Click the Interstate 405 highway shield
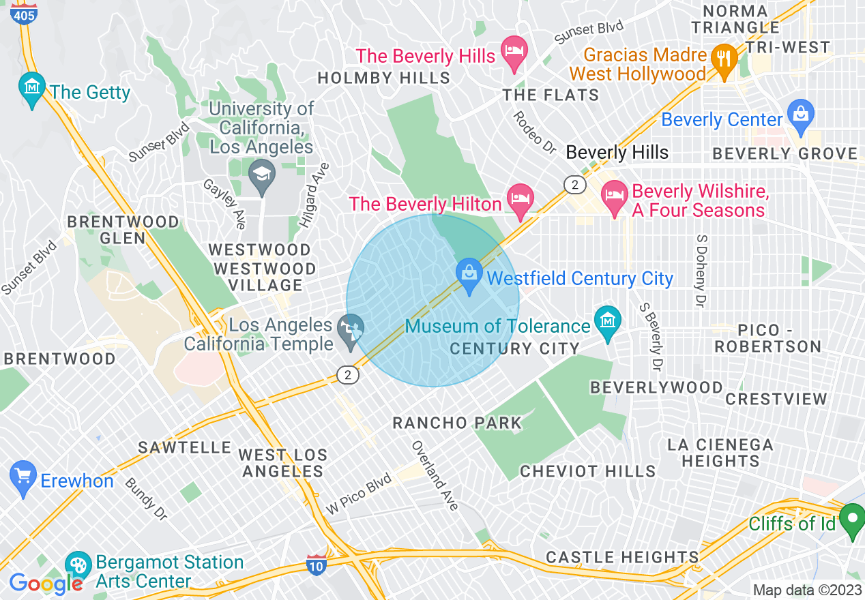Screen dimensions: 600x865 tap(24, 13)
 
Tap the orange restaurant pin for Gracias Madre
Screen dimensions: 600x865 tap(723, 59)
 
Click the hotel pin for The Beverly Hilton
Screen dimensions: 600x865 tap(521, 200)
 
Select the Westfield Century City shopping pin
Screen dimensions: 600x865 tap(469, 275)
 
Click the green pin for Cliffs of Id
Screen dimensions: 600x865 tap(851, 520)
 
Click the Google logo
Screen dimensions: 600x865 tap(46, 583)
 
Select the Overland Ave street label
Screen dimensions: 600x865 tap(435, 476)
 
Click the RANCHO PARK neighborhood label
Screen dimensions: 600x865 tap(457, 423)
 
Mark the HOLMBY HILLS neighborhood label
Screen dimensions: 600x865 tap(384, 78)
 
